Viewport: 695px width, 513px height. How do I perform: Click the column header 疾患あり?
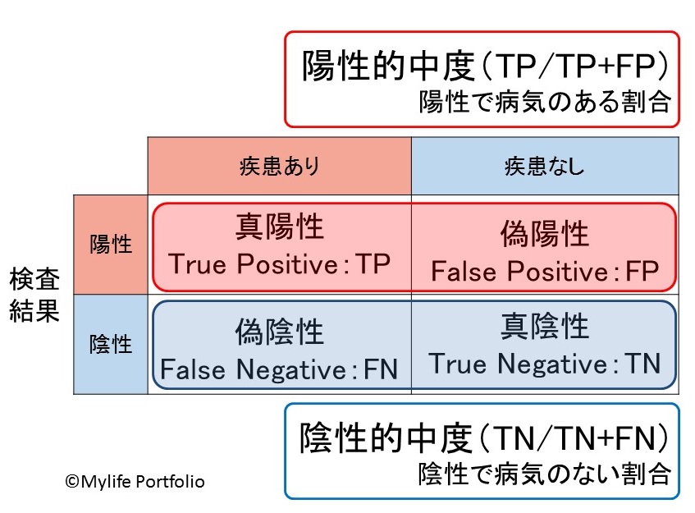click(x=278, y=167)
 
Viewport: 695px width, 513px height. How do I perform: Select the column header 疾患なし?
click(x=545, y=167)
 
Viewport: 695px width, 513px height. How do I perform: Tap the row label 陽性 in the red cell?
click(x=111, y=244)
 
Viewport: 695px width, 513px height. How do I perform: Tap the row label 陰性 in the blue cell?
click(x=111, y=343)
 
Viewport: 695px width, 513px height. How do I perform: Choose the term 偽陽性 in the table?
click(x=545, y=235)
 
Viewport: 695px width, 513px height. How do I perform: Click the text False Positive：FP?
click(x=545, y=272)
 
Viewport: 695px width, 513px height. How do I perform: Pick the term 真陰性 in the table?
click(x=545, y=326)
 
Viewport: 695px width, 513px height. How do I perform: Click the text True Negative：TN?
click(x=545, y=362)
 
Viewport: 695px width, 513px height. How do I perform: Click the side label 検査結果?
click(x=34, y=296)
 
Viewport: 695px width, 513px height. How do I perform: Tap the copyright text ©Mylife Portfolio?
click(x=135, y=482)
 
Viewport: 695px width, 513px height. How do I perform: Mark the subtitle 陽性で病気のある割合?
click(x=545, y=102)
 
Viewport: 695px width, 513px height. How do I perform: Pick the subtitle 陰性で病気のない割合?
click(x=545, y=474)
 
